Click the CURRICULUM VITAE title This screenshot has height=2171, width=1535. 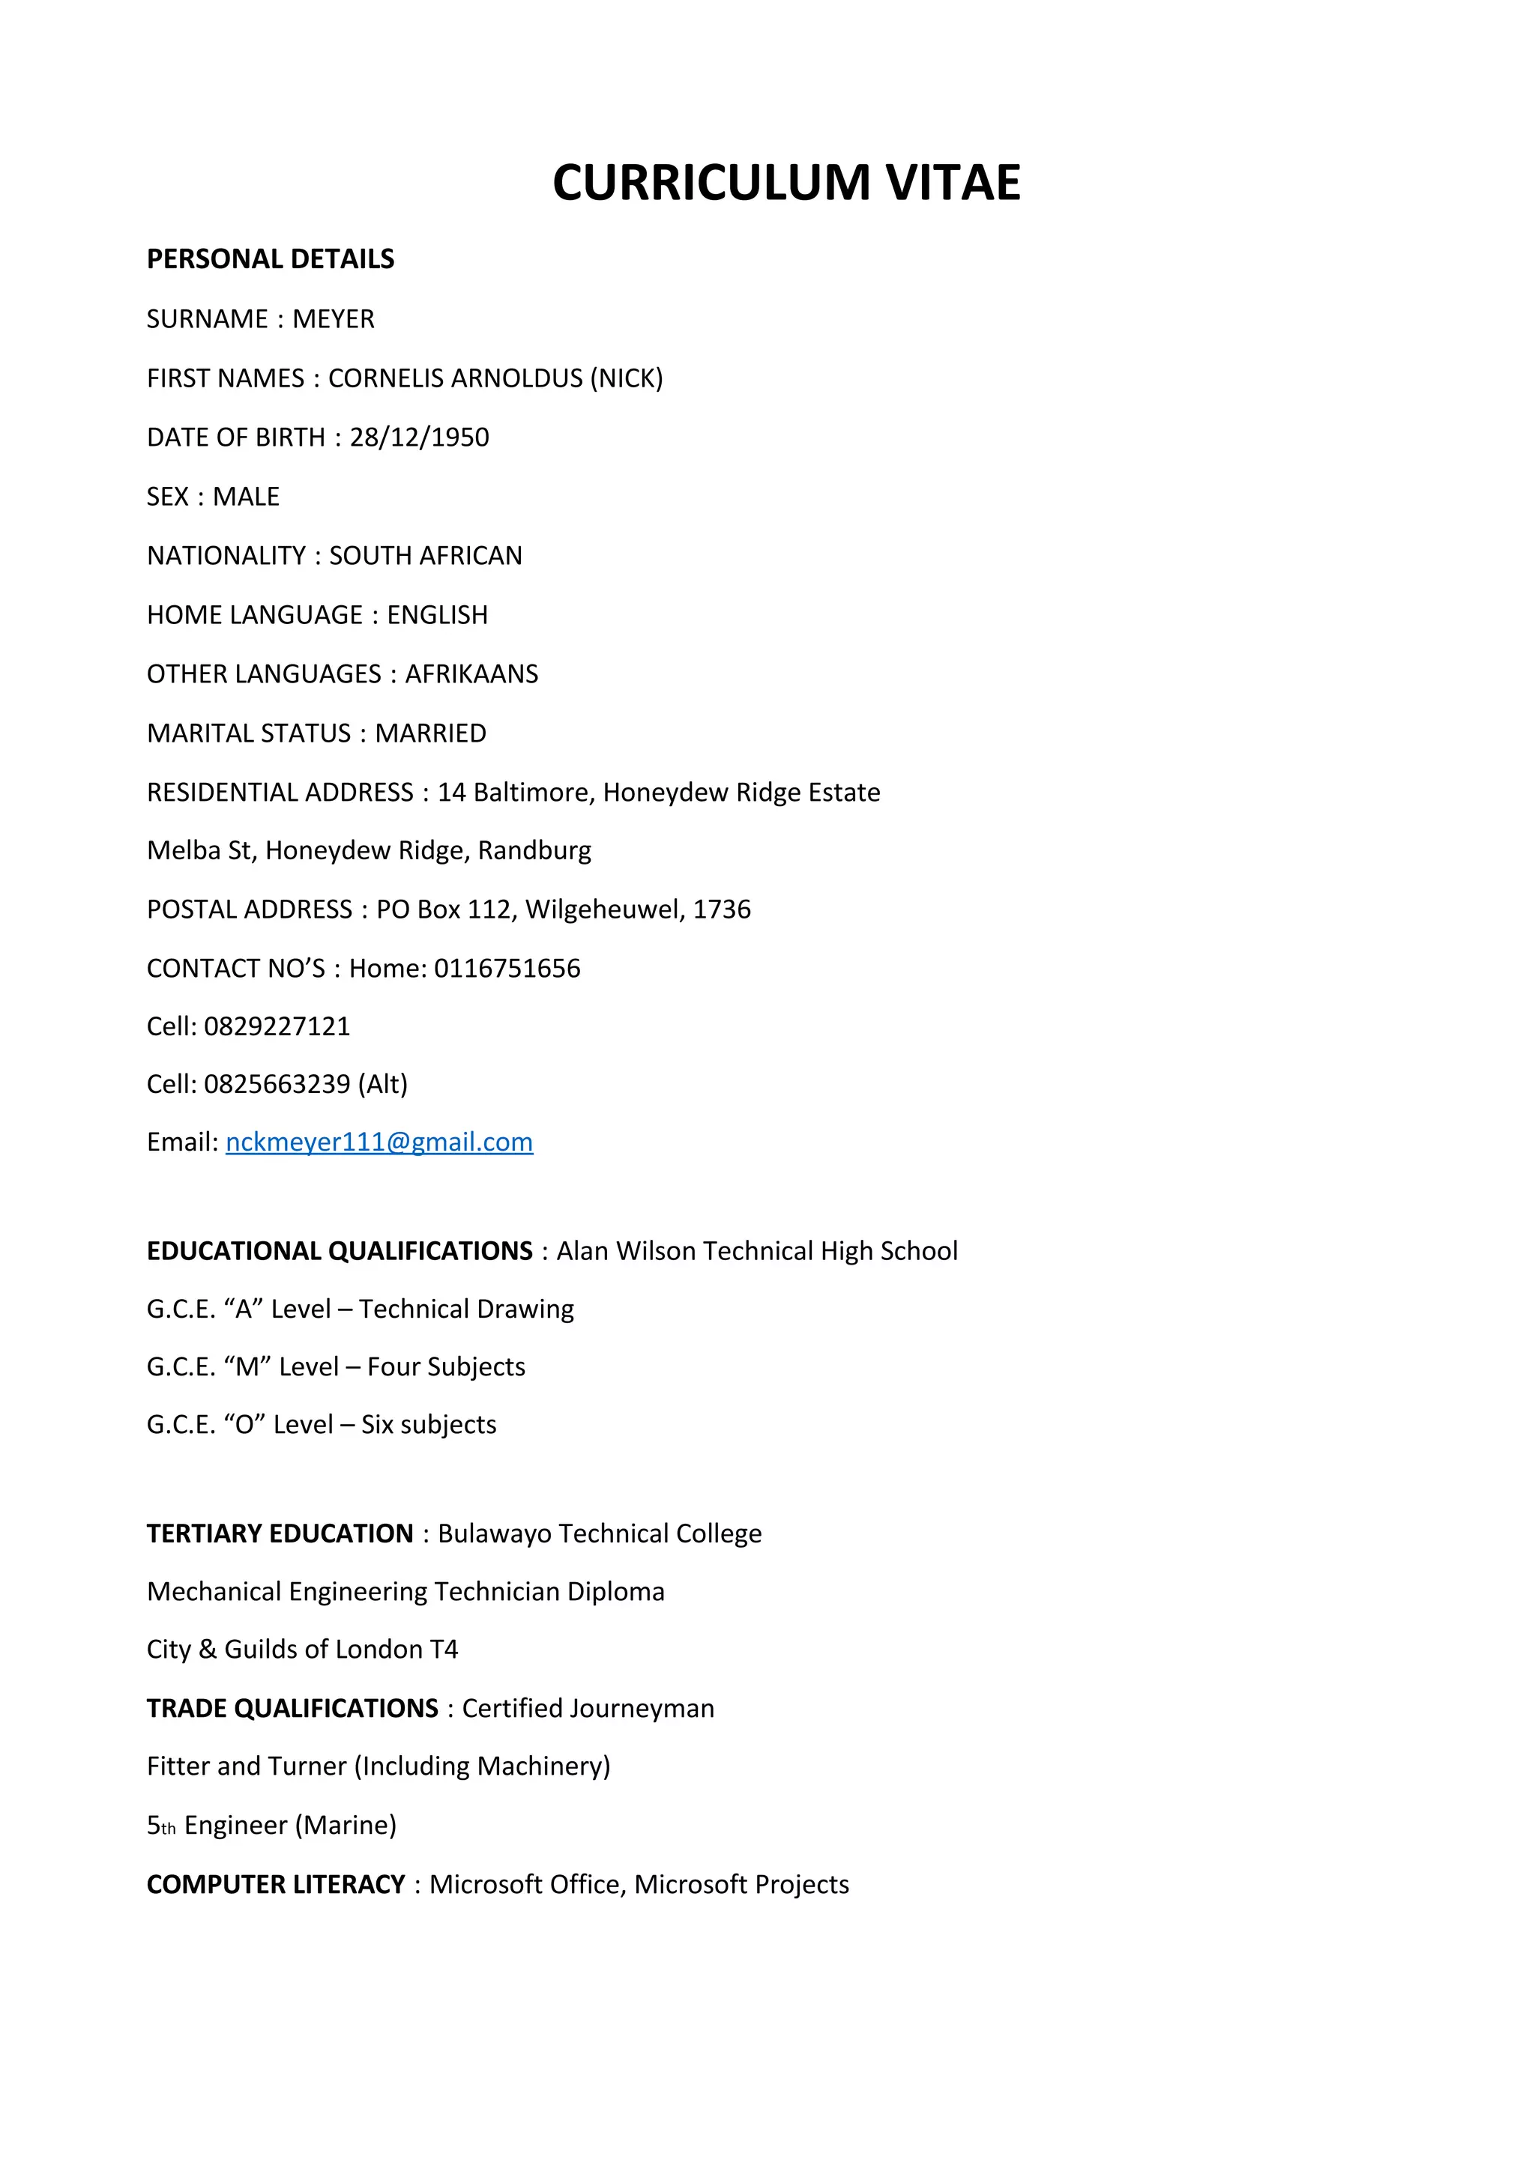click(786, 183)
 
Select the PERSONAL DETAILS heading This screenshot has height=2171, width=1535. click(271, 259)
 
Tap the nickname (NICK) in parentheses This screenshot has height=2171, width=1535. click(626, 378)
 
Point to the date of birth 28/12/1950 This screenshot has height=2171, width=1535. click(419, 437)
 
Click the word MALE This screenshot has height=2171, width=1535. click(246, 497)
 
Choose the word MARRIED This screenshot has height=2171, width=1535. click(430, 733)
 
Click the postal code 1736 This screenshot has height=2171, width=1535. click(722, 909)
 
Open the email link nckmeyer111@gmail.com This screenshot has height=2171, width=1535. click(379, 1142)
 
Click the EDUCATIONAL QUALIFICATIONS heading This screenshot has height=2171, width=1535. click(340, 1251)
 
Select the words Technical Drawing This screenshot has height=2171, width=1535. click(466, 1309)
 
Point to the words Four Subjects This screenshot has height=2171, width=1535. click(445, 1367)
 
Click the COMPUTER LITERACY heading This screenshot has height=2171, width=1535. click(276, 1885)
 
